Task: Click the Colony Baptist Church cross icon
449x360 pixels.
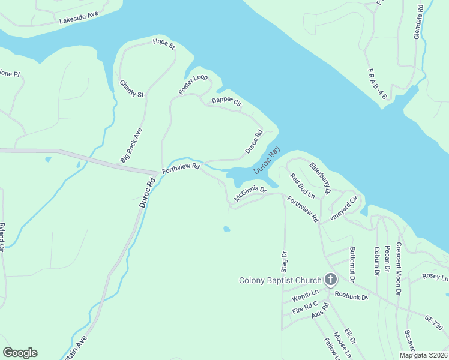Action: coord(330,280)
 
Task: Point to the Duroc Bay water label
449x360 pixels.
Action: coord(267,162)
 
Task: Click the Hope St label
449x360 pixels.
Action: coord(163,43)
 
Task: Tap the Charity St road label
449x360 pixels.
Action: coord(132,89)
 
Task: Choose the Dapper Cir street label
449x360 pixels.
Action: coord(226,103)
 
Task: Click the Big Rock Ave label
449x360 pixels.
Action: coord(131,145)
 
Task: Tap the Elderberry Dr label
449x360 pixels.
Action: coord(321,178)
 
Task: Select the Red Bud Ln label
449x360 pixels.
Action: coord(302,186)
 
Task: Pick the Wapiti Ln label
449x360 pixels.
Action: coord(304,297)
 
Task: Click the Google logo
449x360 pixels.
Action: coord(20,353)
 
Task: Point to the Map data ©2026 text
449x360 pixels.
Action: coord(423,355)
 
